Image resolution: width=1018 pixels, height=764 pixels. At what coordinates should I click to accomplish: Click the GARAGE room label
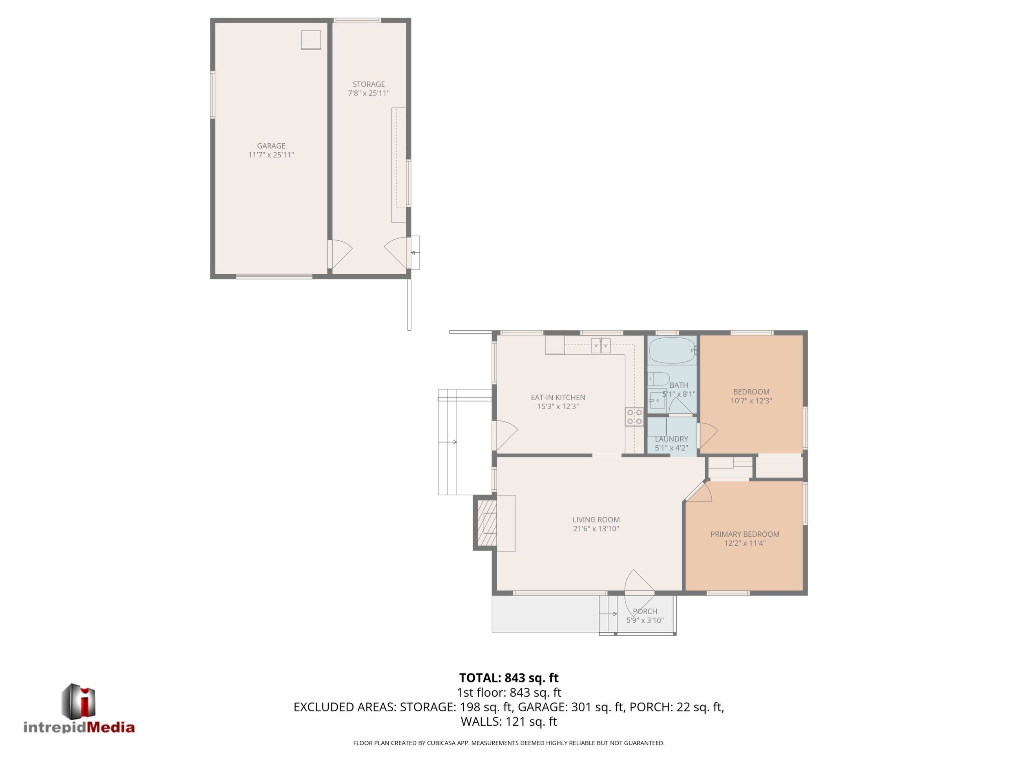271,146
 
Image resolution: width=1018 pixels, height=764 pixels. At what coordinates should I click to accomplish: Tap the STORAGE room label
369,84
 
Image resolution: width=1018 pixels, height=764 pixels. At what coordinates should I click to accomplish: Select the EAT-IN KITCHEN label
558,398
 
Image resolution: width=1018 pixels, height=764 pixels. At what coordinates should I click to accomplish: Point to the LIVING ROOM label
596,520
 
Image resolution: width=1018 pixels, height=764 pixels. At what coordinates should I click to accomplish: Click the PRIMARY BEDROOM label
745,534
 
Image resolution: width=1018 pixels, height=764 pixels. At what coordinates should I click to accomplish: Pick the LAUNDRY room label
671,439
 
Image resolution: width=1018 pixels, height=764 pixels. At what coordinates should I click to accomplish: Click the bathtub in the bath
672,351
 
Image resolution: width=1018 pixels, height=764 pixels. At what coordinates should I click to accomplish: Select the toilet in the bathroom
659,379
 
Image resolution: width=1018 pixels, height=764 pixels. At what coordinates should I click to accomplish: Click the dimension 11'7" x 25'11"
271,155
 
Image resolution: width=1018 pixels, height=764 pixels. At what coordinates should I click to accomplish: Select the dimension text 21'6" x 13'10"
596,529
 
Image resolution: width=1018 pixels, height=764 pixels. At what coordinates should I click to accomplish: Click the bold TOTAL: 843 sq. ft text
509,678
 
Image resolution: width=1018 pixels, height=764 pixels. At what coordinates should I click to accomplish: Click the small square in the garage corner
311,40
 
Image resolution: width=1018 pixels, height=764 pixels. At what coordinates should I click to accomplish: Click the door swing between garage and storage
340,254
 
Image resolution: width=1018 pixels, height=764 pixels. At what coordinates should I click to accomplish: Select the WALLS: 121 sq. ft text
509,721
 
